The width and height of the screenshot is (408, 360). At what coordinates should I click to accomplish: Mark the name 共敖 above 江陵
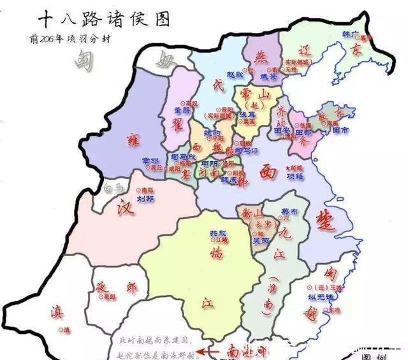click(218, 233)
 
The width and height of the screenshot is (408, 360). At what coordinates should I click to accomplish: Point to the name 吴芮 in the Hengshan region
click(259, 240)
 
